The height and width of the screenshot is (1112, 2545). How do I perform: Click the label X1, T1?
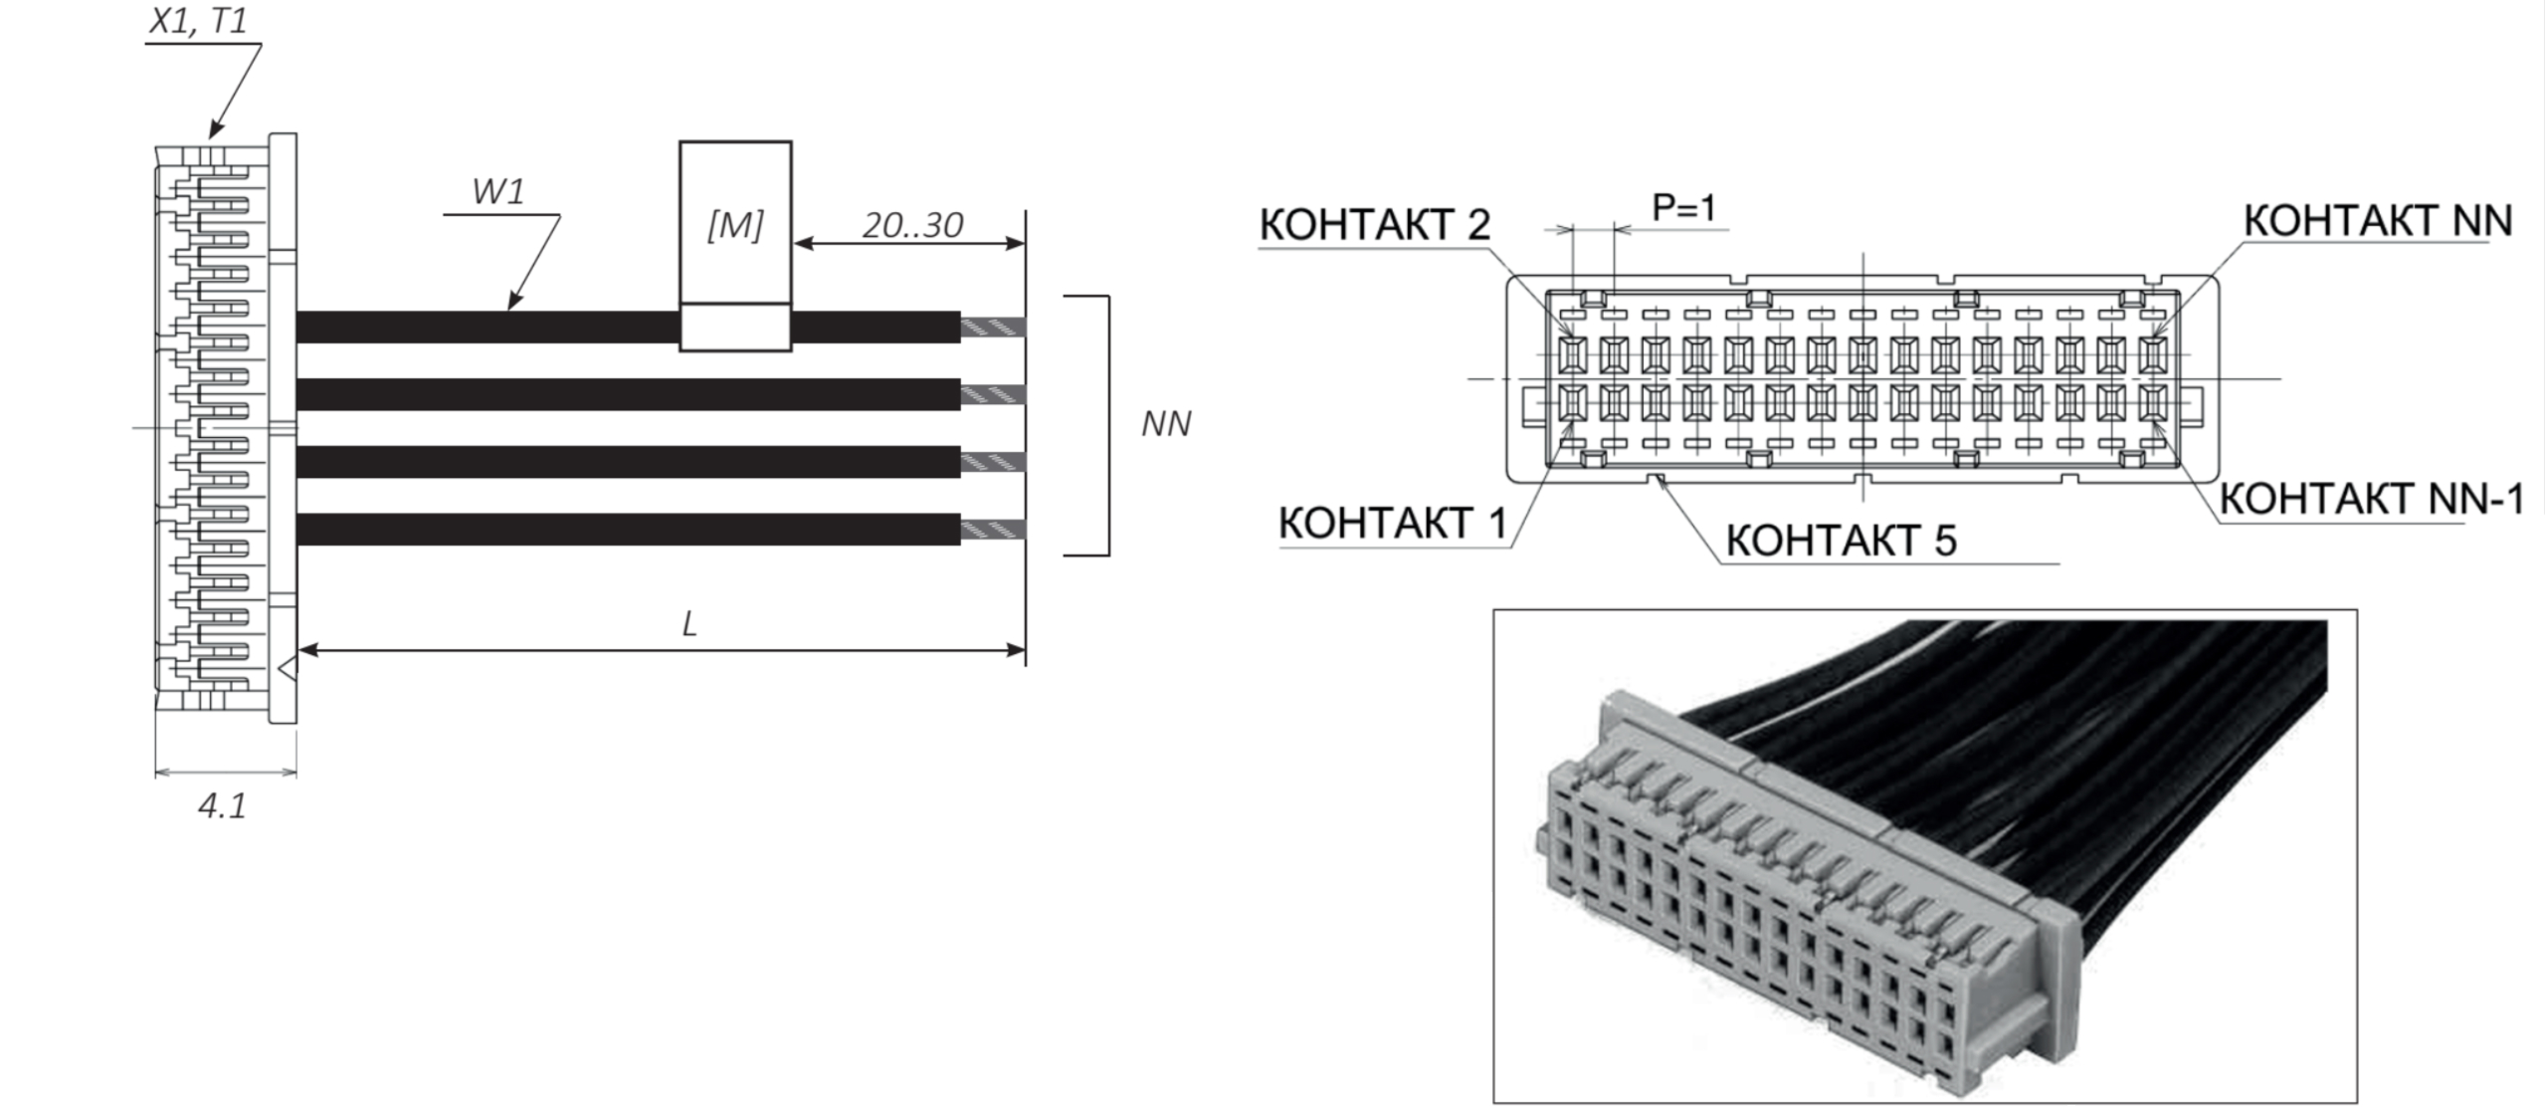197,22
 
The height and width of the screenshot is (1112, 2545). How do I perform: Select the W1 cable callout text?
497,191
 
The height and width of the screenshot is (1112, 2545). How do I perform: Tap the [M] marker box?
735,225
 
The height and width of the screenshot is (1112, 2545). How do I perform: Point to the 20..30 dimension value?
911,226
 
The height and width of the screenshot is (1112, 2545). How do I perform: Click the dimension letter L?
689,624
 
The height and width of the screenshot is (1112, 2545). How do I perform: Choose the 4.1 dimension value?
222,805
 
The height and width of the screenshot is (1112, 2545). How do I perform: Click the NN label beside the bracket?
1165,424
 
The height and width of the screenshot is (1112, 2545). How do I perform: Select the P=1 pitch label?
1683,208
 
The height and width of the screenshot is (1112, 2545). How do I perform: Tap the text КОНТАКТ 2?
1374,225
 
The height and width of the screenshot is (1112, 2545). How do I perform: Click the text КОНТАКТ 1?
1392,524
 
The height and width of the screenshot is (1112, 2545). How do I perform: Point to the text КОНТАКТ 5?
1841,541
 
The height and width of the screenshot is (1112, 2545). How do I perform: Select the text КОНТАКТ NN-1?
2371,499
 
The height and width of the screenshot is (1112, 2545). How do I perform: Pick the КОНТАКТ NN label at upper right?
2377,221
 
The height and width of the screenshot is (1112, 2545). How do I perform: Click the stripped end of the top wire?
992,328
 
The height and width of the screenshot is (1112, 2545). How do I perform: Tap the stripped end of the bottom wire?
992,529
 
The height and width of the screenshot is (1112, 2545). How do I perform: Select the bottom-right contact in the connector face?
2151,402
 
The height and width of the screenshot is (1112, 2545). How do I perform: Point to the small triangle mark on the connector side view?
287,668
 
